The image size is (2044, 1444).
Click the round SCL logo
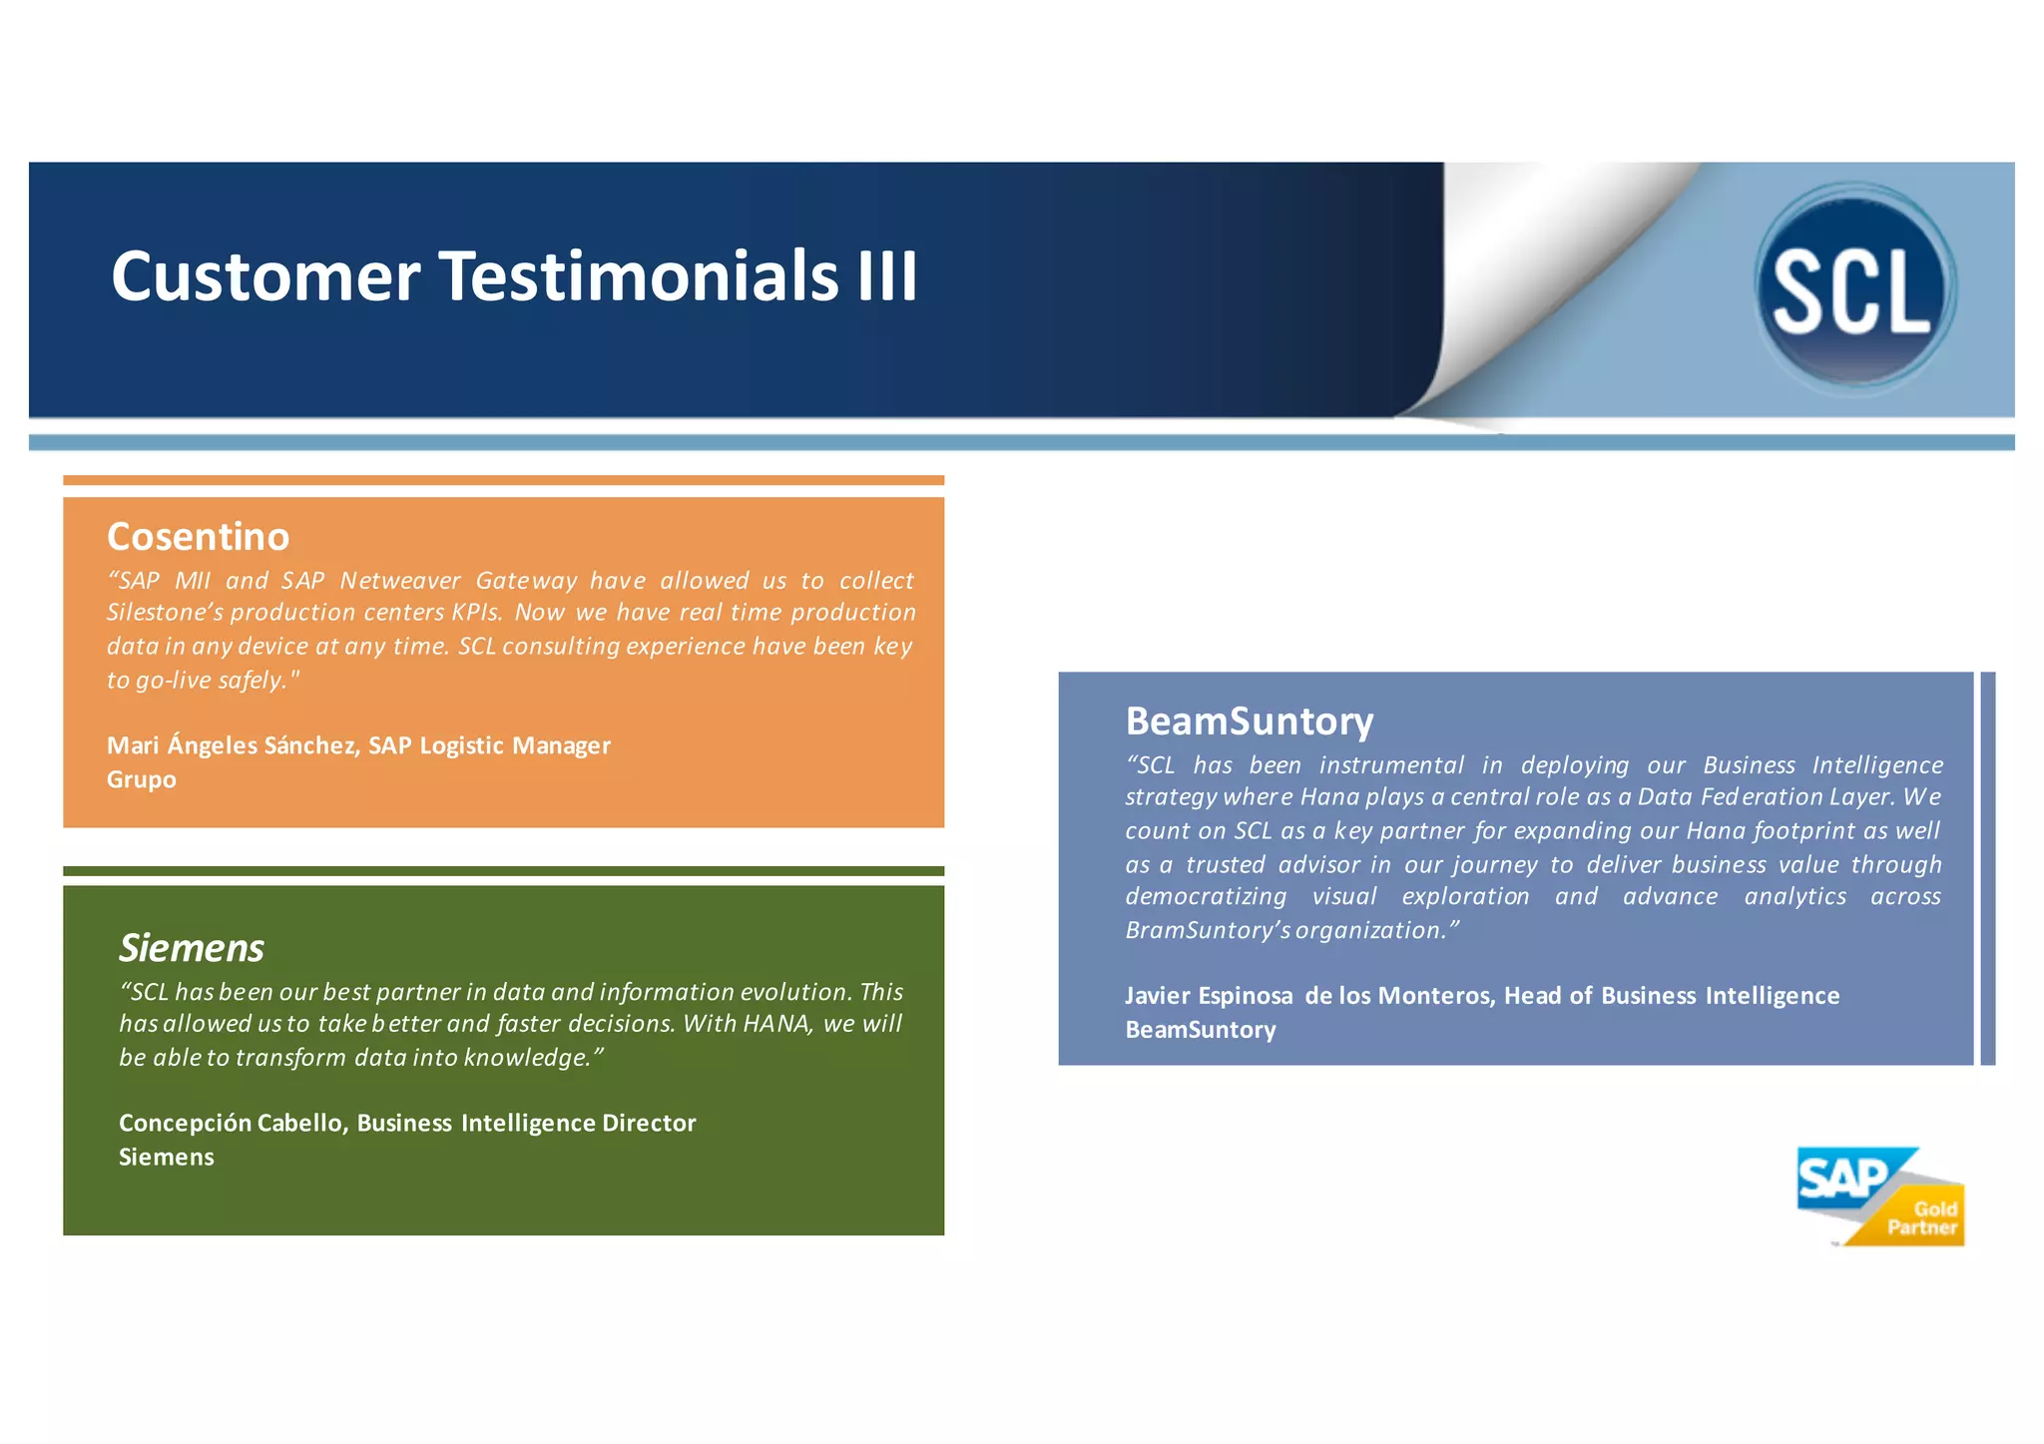1854,288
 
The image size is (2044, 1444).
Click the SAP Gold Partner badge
1878,1198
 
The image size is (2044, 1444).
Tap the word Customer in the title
265,277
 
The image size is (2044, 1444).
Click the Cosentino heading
198,537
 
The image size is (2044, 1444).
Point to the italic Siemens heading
191,948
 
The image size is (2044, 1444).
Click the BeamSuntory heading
1249,722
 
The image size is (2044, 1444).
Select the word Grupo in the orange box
141,779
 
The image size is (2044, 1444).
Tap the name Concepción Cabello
232,1124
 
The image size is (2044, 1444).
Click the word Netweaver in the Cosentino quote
399,581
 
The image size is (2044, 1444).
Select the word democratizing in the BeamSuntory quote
1205,897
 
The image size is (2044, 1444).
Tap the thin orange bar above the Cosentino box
503,480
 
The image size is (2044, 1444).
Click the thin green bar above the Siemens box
503,871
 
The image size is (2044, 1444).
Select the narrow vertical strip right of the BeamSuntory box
1987,868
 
